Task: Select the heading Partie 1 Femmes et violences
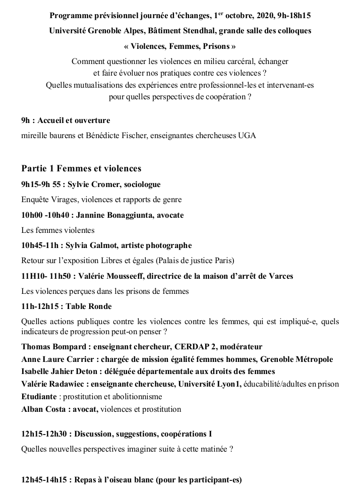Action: coord(81,168)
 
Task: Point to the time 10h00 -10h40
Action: coord(41,215)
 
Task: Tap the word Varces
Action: coord(280,276)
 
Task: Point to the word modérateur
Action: coord(239,347)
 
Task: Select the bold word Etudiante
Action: coord(39,397)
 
